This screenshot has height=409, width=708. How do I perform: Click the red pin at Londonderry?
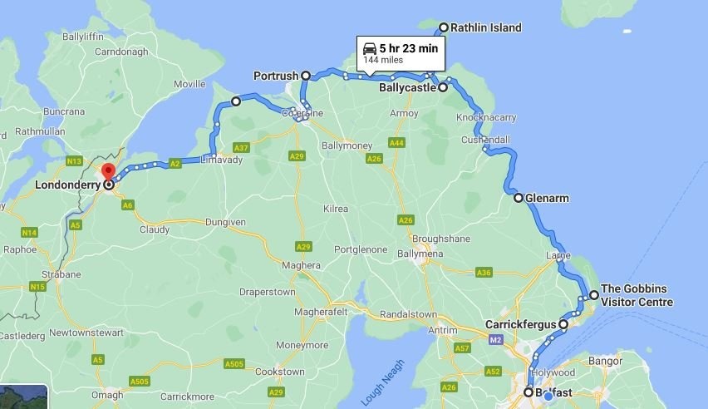point(108,172)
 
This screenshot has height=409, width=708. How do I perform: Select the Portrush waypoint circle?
point(306,76)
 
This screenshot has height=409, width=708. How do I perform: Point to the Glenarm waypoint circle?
point(519,198)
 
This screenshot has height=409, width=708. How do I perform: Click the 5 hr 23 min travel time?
point(408,48)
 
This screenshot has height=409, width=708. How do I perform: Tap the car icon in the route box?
point(370,48)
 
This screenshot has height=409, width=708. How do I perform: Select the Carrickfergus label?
point(519,324)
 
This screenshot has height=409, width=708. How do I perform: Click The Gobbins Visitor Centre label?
point(637,295)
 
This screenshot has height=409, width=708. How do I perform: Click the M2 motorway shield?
point(496,340)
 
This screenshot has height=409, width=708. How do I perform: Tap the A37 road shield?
point(241,148)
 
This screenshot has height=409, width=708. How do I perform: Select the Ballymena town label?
point(421,254)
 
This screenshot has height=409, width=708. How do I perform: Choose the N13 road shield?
point(75,160)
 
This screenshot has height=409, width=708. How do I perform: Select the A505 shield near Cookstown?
point(234,363)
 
